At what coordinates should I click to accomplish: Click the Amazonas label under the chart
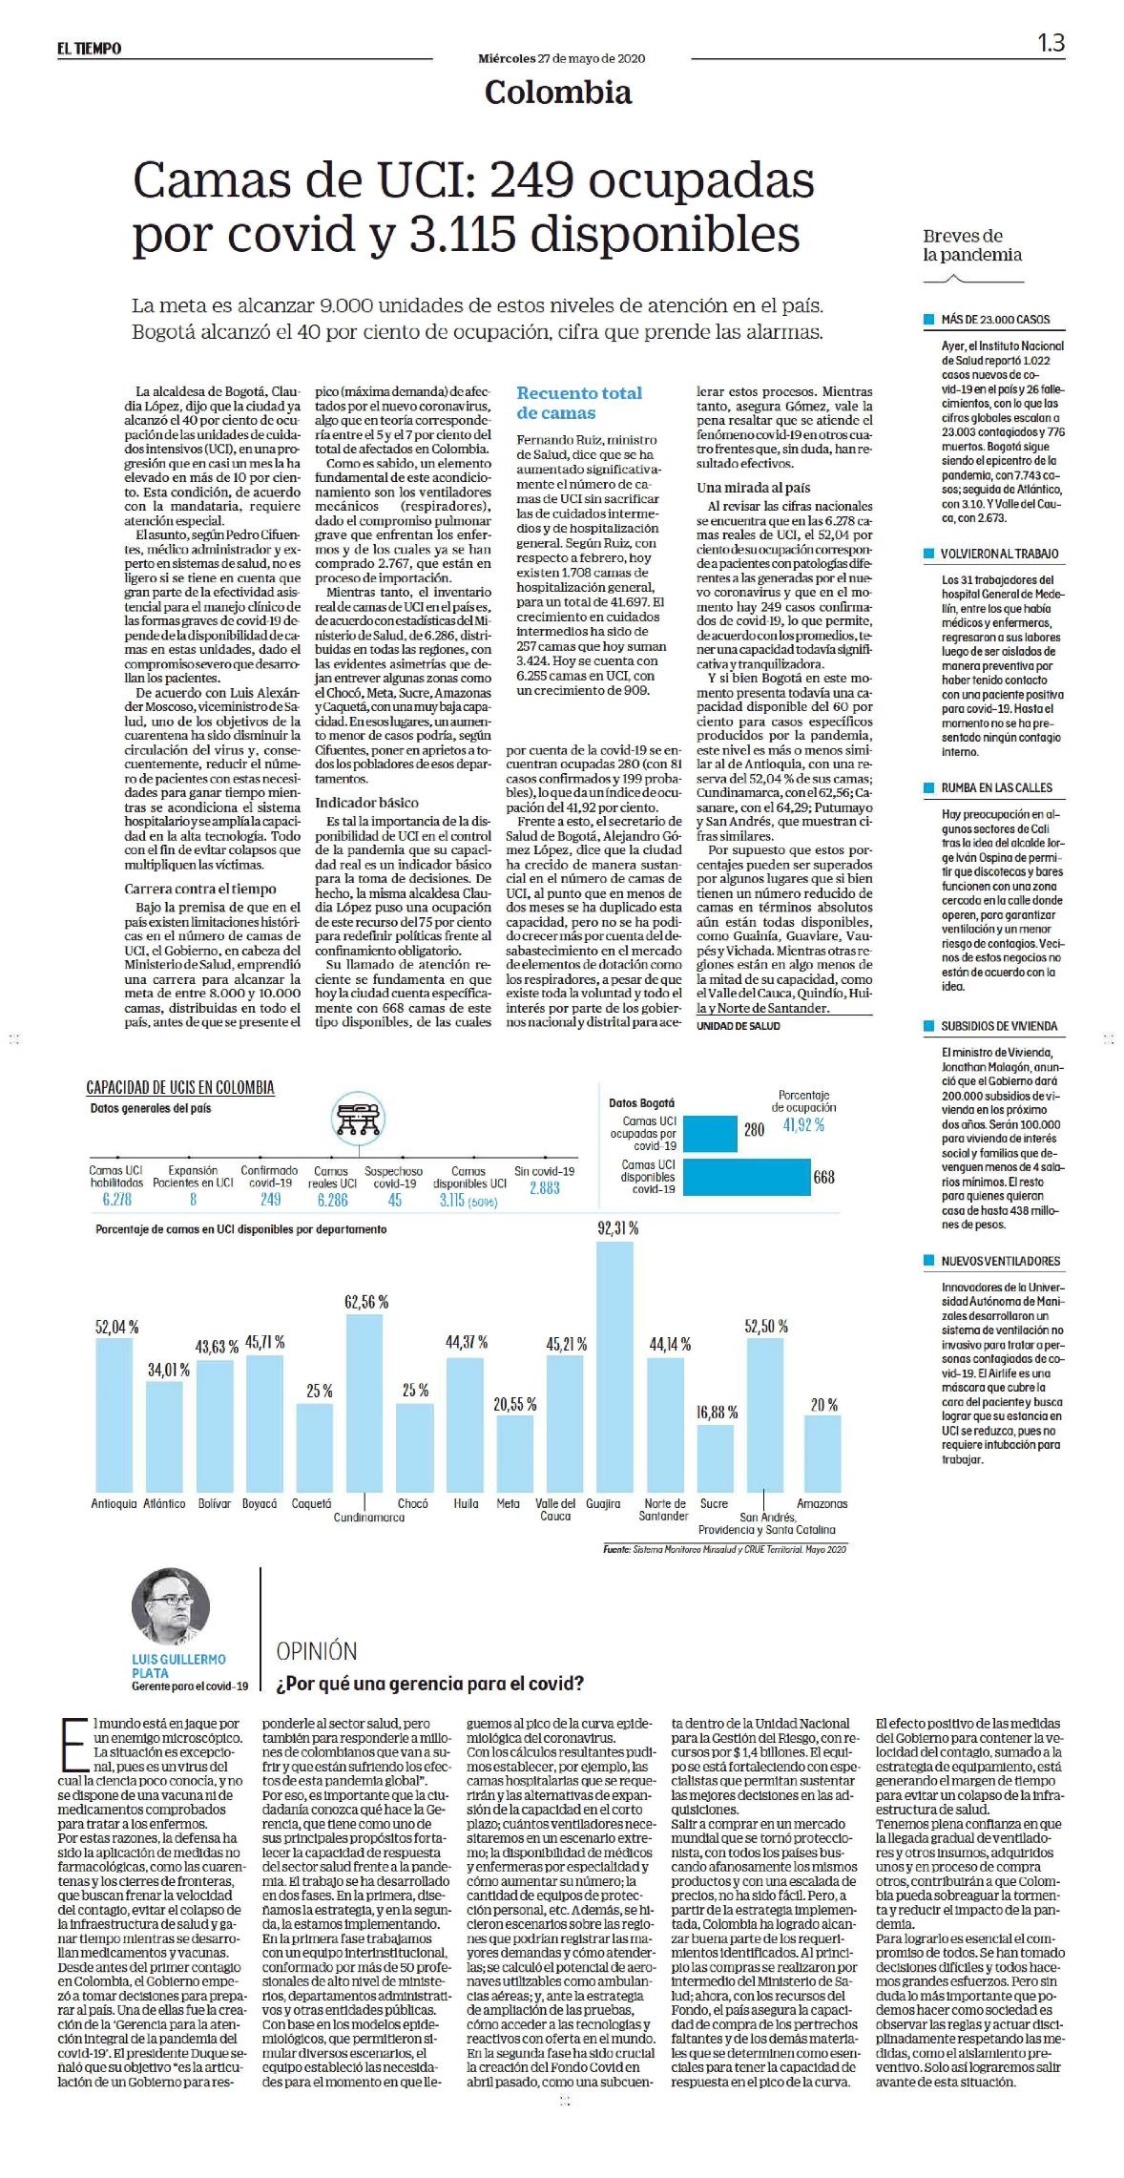pos(822,1503)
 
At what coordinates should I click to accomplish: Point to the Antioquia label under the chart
pos(114,1503)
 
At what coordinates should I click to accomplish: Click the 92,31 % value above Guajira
pos(617,1228)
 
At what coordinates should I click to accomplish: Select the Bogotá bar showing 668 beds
pos(746,1177)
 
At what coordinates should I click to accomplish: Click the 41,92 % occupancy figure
pos(803,1125)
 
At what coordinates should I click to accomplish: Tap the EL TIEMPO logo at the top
pos(89,48)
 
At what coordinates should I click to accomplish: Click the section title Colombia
pos(558,92)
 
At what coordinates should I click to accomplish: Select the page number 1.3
pos(1051,43)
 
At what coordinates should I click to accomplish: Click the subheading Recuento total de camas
pos(579,403)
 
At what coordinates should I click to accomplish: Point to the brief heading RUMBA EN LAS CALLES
pos(996,787)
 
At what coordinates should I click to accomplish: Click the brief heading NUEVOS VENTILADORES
pos(1000,1261)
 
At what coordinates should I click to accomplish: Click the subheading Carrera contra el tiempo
pos(199,889)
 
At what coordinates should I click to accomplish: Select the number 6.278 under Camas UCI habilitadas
pos(116,1200)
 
